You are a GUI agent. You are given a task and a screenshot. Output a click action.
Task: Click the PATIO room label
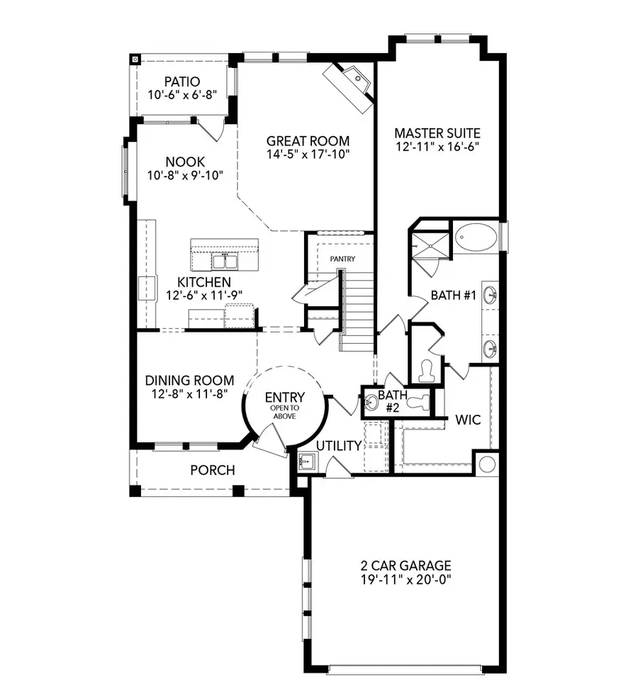tap(182, 82)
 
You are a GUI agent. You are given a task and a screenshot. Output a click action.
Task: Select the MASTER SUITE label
tap(437, 133)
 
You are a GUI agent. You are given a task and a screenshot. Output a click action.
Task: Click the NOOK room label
tap(185, 162)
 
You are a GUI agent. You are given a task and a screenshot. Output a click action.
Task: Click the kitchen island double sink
tap(224, 262)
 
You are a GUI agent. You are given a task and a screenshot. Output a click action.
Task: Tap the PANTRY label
tap(342, 259)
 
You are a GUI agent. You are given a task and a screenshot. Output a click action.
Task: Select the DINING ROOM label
tap(189, 381)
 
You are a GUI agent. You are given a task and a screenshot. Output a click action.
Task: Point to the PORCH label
tap(212, 470)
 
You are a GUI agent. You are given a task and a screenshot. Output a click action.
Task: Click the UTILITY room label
tap(339, 445)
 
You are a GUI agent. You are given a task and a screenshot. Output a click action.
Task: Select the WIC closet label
tap(468, 420)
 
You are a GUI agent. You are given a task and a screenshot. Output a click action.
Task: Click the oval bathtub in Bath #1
tap(476, 237)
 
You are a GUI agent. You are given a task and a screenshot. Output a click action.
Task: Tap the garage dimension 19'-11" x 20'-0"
tap(405, 579)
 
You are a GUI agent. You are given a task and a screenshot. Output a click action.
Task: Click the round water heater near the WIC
tap(487, 464)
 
